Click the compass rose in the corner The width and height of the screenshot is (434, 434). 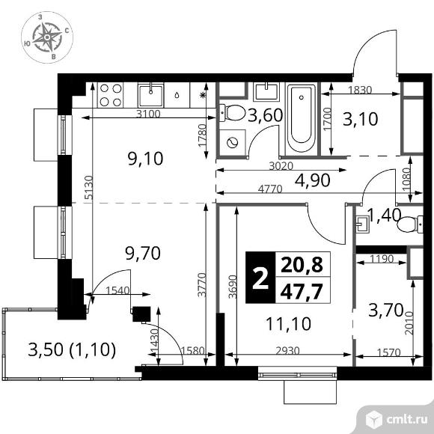point(47,37)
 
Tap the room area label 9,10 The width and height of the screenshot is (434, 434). point(145,159)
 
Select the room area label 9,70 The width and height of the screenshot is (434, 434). point(143,253)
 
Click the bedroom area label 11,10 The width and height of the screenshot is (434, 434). point(288,324)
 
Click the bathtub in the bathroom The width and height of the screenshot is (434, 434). point(301,118)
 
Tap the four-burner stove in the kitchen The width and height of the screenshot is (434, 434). point(111,95)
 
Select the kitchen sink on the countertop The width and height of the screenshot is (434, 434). point(150,96)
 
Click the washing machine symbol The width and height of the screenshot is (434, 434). point(233,143)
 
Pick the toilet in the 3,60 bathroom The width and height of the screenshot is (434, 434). point(233,113)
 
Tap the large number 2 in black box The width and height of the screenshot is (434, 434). point(260,278)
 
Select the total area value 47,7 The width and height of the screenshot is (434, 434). point(302,292)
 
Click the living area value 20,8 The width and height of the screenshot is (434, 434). point(302,265)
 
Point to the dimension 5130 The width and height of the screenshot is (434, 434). point(89,187)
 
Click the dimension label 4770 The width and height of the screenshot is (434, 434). point(270,189)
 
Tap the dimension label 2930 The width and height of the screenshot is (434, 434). point(288,351)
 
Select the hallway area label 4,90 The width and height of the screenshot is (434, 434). point(312,180)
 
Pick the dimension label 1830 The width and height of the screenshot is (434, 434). point(359,90)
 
